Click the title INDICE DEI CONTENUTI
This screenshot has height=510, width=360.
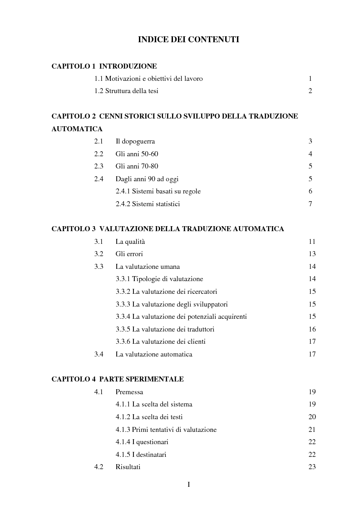(x=188, y=40)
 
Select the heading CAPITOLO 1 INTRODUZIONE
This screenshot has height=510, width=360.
(x=104, y=66)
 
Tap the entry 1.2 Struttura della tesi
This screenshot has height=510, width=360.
(x=126, y=91)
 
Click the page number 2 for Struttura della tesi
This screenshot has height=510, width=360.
(x=310, y=91)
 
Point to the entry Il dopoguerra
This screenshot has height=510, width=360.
(x=135, y=141)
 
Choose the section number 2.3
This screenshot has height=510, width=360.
(x=99, y=166)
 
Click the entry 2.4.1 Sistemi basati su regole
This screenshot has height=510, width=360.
(x=158, y=191)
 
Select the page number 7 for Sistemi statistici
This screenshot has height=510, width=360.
(x=310, y=204)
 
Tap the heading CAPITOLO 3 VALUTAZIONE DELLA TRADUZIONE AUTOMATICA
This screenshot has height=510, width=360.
(x=168, y=229)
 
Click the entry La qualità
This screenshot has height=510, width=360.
(x=130, y=242)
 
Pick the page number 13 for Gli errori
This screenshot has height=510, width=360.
(x=312, y=254)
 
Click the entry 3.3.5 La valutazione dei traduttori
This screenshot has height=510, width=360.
(x=165, y=329)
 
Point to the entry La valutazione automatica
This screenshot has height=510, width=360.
(x=154, y=354)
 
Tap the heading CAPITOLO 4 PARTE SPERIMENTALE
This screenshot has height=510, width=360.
(x=117, y=379)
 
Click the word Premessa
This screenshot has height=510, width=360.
(x=129, y=392)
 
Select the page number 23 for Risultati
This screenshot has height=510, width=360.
(x=312, y=467)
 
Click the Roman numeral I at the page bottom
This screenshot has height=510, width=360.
(x=189, y=485)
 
